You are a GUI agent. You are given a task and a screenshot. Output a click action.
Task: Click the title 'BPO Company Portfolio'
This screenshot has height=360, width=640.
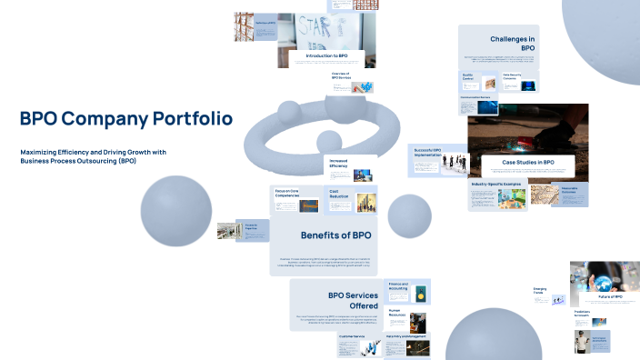pyautogui.click(x=125, y=118)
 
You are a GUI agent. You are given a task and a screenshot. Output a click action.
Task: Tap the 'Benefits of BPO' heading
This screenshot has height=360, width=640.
pyautogui.click(x=335, y=235)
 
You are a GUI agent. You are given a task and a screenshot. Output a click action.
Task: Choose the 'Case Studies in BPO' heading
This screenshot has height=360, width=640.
pyautogui.click(x=522, y=162)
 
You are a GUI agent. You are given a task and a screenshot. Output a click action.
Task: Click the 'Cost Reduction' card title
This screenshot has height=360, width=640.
pyautogui.click(x=339, y=194)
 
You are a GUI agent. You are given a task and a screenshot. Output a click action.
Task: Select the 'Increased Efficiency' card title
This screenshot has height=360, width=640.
pyautogui.click(x=338, y=165)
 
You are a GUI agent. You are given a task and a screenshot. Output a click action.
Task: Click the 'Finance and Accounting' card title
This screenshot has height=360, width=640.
pyautogui.click(x=398, y=286)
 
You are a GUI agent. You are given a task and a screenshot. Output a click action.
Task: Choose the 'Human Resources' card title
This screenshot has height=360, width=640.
pyautogui.click(x=397, y=312)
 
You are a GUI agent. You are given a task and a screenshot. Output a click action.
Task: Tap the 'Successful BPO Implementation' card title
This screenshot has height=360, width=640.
pyautogui.click(x=427, y=151)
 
